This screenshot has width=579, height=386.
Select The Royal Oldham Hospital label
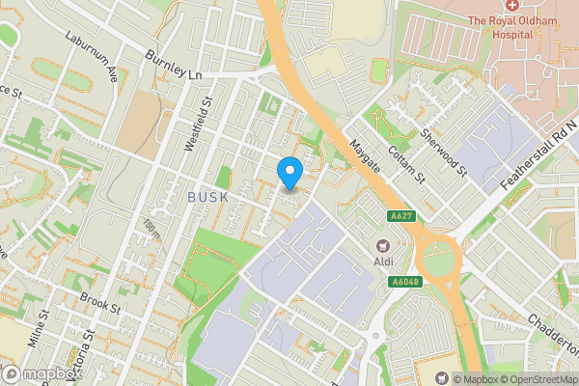click(x=500, y=27)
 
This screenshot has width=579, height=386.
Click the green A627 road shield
click(x=402, y=216)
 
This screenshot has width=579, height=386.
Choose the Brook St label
click(x=99, y=304)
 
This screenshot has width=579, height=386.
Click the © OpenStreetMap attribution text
click(x=532, y=378)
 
